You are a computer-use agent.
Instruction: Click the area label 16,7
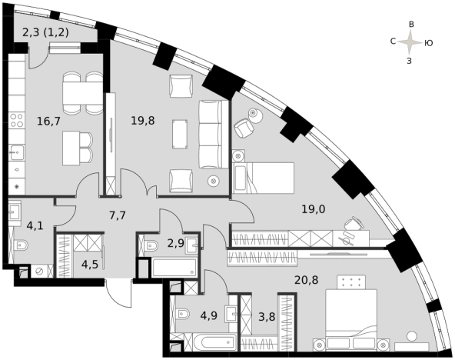[x=48, y=121]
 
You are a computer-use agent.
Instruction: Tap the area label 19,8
[x=143, y=120]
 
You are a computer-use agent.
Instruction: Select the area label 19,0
[x=314, y=208]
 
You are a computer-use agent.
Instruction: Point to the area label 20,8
[x=307, y=280]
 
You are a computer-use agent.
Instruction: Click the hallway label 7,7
[x=118, y=215]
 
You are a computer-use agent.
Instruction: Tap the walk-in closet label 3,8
[x=267, y=317]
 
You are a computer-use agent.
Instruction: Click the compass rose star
[x=410, y=42]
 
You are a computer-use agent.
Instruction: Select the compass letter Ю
[x=429, y=43]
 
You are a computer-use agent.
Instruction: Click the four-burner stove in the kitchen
[x=17, y=120]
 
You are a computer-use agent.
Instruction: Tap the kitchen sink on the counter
[x=17, y=152]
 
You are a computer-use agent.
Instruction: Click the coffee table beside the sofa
[x=180, y=134]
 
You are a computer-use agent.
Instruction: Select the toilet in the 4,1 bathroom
[x=21, y=246]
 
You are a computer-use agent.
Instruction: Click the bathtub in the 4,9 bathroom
[x=215, y=342]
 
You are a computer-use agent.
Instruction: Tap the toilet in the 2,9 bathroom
[x=151, y=246]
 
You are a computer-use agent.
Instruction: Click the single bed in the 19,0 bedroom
[x=263, y=178]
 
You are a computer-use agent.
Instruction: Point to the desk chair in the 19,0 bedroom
[x=353, y=224]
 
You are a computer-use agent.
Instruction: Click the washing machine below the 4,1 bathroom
[x=39, y=272]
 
